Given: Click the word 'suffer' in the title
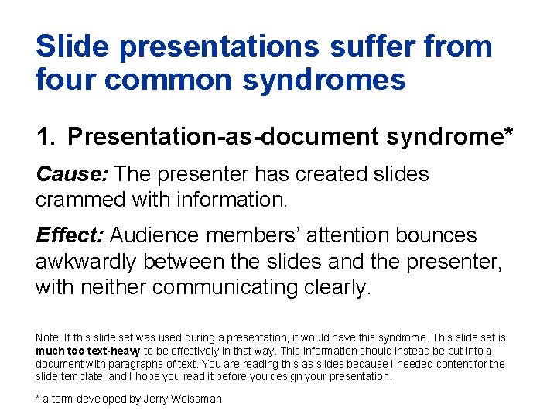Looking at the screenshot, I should click(363, 46).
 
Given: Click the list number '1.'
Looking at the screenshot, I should click(46, 137).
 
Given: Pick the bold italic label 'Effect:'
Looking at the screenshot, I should click(70, 235).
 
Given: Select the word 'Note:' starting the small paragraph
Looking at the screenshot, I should click(48, 338).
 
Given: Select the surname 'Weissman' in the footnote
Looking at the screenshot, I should click(199, 399).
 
